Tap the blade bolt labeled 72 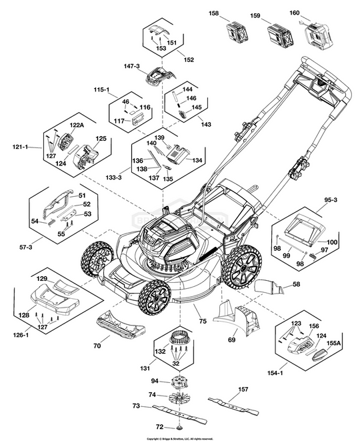click(180, 427)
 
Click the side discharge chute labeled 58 click(270, 287)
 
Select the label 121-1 click(22, 146)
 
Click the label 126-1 click(22, 334)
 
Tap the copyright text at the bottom click(180, 438)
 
